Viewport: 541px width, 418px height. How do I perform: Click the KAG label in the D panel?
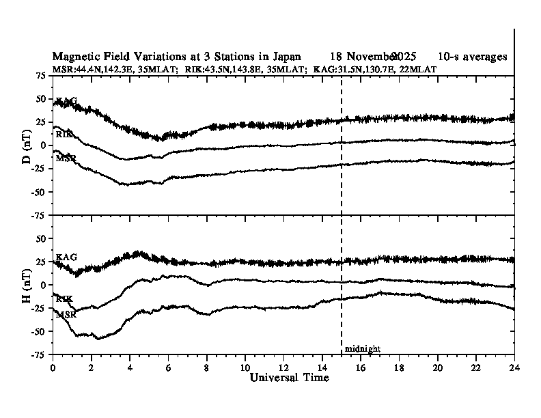[x=66, y=101]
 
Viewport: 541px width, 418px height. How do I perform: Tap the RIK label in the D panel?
[x=64, y=135]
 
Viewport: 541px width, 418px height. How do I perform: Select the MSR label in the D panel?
[x=66, y=159]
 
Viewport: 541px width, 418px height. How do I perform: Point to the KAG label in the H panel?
[x=66, y=257]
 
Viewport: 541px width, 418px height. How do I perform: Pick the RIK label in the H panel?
[x=64, y=299]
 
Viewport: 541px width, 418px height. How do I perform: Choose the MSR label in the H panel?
[x=66, y=314]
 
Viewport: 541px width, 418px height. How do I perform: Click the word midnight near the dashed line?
[x=362, y=349]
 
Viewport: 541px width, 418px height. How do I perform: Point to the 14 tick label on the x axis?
[x=322, y=367]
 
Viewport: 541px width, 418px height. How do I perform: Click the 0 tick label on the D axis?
[x=44, y=145]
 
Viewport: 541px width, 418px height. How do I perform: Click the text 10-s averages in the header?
[x=473, y=57]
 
